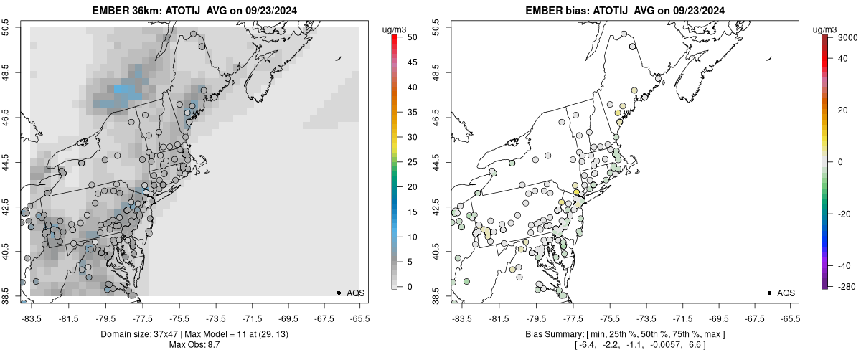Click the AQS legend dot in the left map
339,293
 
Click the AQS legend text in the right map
786,293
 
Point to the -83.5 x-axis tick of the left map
32,316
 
